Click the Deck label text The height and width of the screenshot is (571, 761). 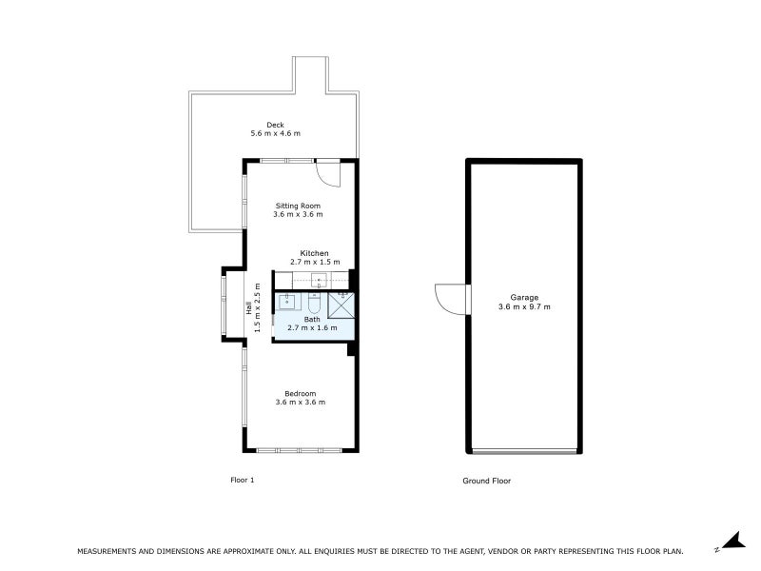275,125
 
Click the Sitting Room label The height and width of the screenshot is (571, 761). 298,206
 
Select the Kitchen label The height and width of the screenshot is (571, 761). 314,253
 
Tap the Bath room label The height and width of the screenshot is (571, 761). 312,320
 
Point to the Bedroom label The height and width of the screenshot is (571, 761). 300,393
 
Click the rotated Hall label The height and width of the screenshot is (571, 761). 250,308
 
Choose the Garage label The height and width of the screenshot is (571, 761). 523,298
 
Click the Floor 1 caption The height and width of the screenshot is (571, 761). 243,481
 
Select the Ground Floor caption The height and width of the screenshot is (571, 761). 486,481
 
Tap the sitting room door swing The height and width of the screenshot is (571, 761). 326,173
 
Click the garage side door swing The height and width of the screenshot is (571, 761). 451,298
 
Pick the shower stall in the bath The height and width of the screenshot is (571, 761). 341,305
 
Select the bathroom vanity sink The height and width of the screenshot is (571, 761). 288,302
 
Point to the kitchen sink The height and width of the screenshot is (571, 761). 319,280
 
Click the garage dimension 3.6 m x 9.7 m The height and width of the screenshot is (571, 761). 523,307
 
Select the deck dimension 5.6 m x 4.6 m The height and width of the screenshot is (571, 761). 275,134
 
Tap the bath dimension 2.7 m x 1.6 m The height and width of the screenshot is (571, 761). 313,328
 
